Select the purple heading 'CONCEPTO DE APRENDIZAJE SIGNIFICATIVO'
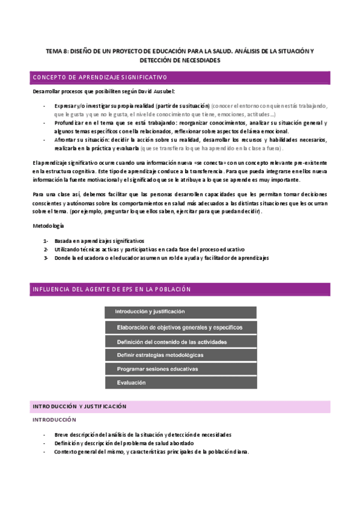(x=99, y=78)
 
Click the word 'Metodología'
(x=48, y=226)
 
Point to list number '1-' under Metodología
(x=46, y=241)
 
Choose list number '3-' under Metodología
(x=46, y=257)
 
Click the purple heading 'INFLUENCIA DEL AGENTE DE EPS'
(x=111, y=289)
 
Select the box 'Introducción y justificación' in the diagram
(x=180, y=312)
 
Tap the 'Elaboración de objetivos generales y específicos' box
(x=180, y=327)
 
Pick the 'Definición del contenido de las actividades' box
(x=180, y=341)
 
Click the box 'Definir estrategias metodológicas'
(x=180, y=355)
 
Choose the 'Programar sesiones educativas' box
(x=180, y=369)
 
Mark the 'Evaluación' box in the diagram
(x=180, y=382)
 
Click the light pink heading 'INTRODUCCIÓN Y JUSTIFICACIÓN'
(x=79, y=407)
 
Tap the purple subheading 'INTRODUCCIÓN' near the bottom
(x=54, y=419)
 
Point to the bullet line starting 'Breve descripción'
(x=142, y=434)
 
